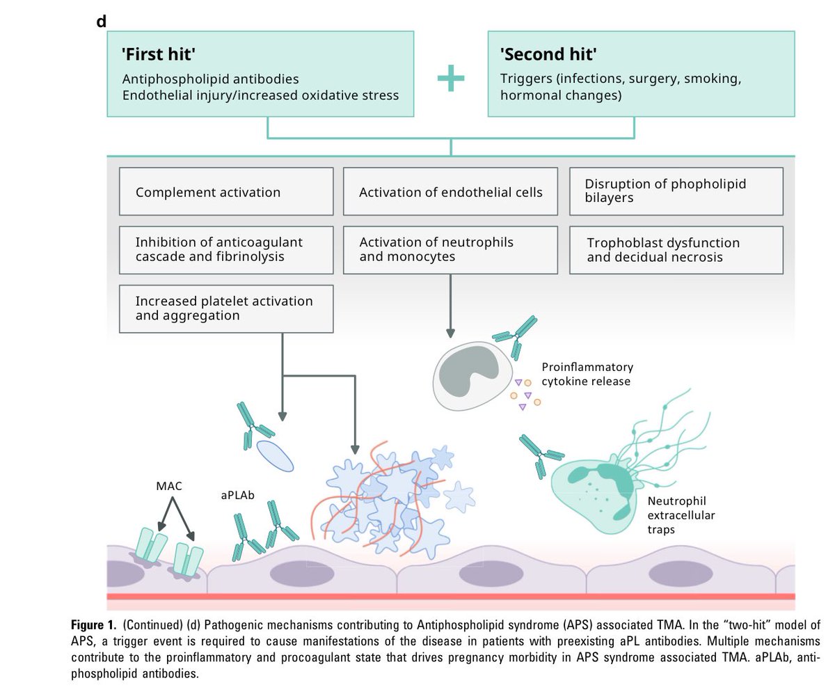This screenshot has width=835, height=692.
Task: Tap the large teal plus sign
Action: [450, 79]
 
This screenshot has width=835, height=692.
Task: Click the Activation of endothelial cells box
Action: [450, 191]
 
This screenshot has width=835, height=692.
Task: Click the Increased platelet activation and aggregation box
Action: [225, 308]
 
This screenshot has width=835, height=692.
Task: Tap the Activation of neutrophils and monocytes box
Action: [450, 250]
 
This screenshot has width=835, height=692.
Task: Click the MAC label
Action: [168, 486]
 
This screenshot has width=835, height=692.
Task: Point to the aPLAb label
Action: [237, 496]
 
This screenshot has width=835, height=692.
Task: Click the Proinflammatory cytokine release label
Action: [587, 374]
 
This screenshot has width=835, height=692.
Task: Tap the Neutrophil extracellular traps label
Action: [681, 514]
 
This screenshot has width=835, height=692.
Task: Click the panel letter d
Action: [102, 21]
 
